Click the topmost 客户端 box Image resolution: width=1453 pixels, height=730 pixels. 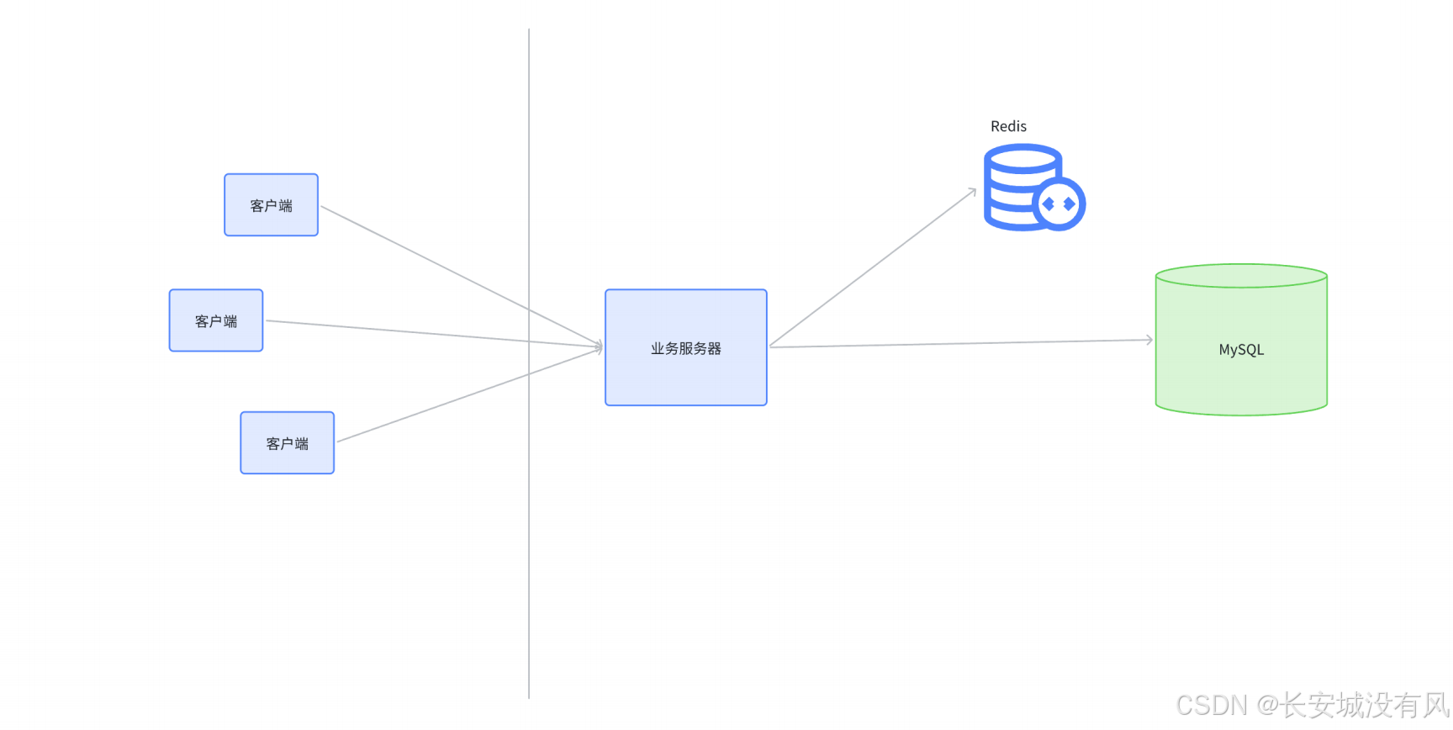tap(271, 205)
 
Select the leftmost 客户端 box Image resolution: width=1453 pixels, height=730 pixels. tap(216, 320)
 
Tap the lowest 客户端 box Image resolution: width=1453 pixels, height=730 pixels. tap(287, 443)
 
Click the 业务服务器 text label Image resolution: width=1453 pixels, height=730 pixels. tap(685, 348)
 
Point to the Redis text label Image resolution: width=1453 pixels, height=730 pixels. tap(1008, 126)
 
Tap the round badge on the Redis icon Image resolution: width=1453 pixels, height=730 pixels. tap(1059, 204)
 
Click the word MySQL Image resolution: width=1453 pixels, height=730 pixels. tap(1241, 350)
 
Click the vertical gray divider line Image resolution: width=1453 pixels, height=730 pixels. tap(529, 547)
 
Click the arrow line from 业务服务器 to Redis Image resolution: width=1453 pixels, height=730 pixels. tap(874, 267)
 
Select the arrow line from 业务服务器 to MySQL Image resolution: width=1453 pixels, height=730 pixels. tap(959, 343)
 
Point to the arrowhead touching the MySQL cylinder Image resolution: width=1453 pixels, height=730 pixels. tap(1149, 340)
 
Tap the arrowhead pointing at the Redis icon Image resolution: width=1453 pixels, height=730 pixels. tap(972, 191)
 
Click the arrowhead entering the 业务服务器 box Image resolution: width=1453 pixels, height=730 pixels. tap(600, 346)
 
